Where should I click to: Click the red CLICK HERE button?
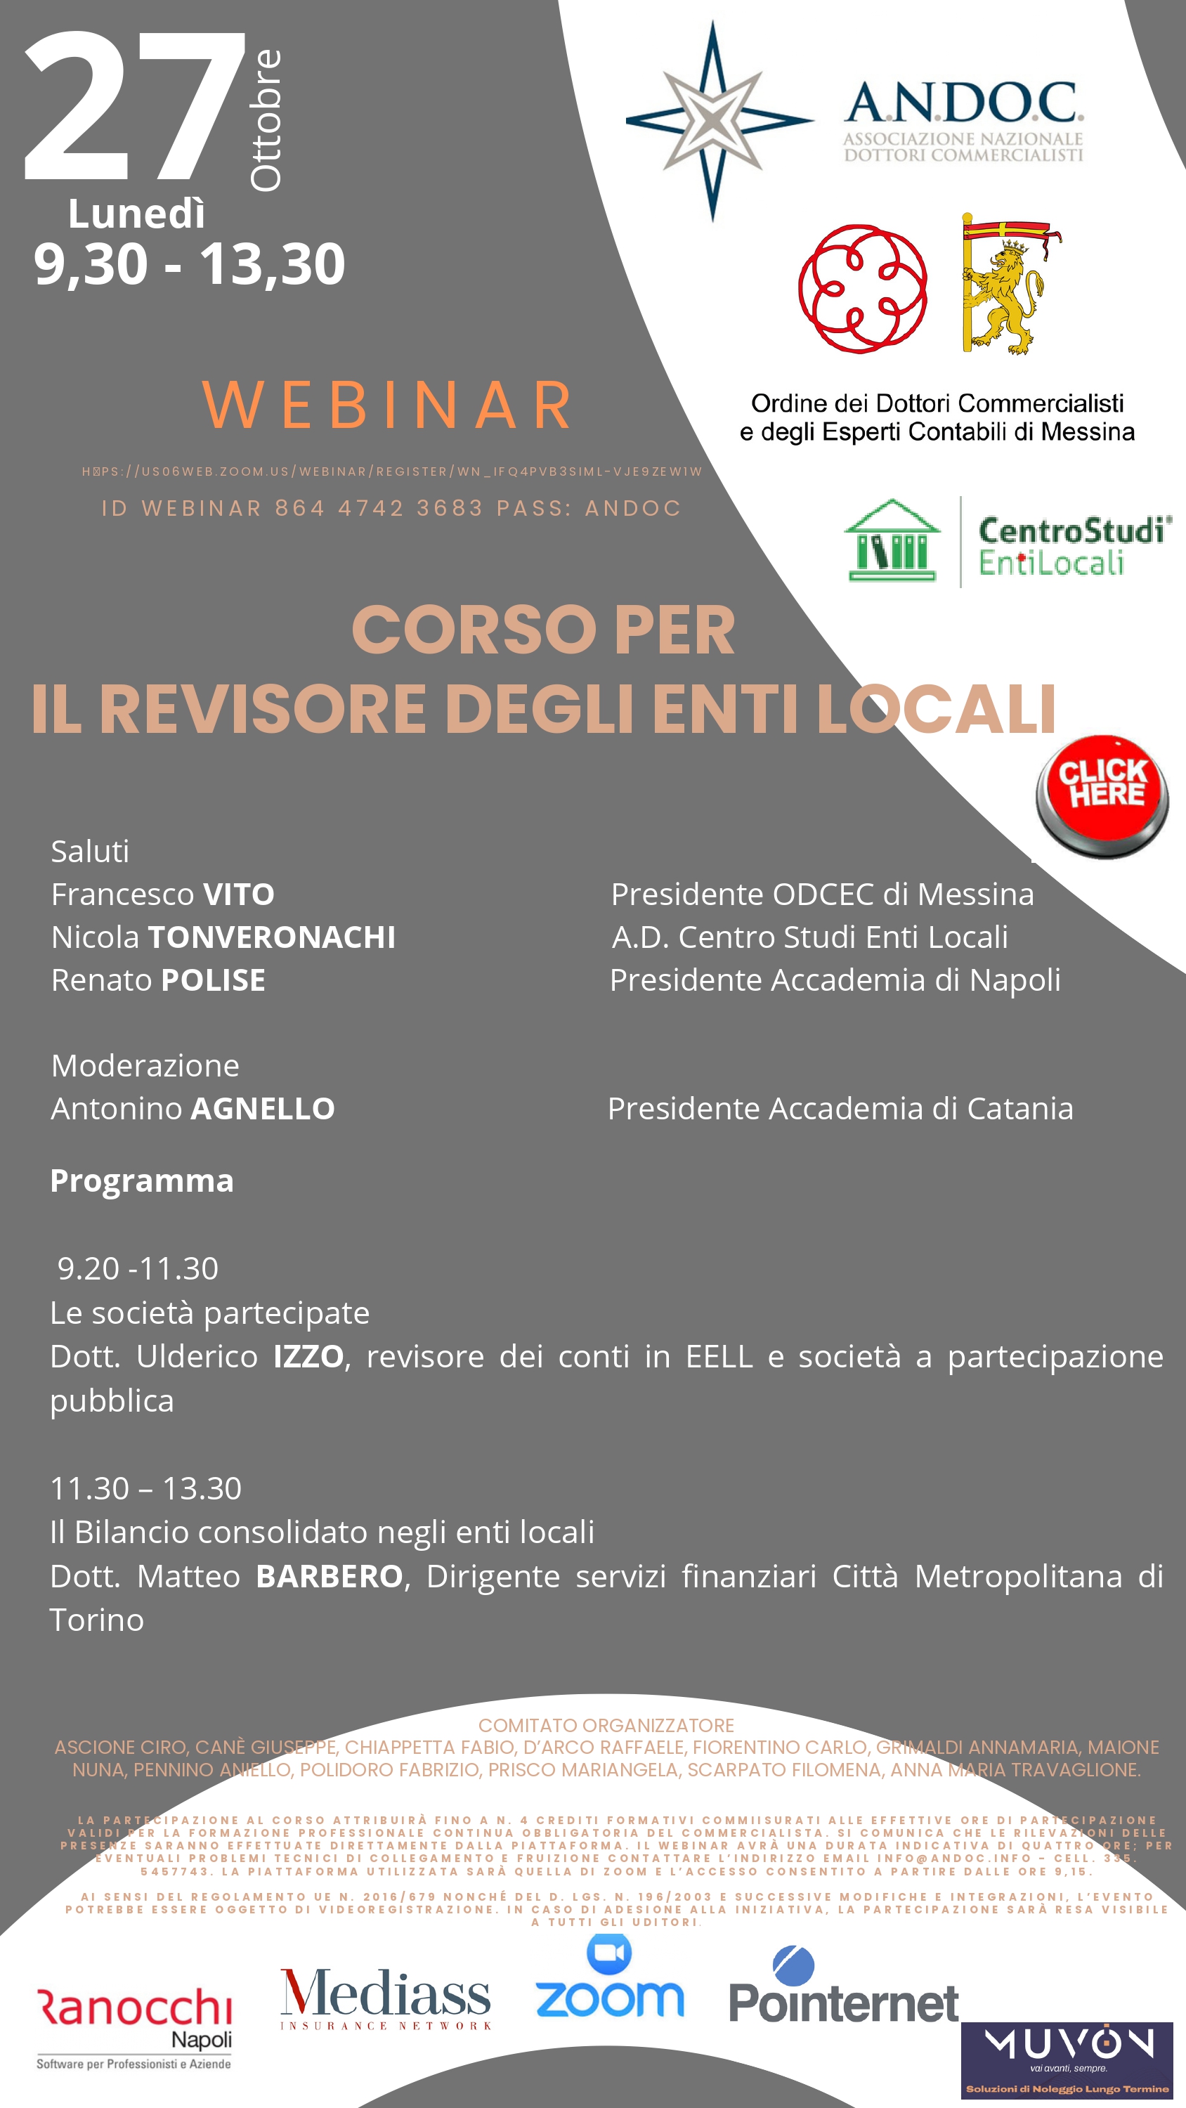point(1102,795)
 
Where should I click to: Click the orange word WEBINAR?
point(388,404)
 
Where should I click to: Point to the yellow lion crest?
point(1006,284)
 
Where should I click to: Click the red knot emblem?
point(863,288)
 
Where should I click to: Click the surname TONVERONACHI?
point(271,937)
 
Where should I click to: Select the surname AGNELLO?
point(262,1109)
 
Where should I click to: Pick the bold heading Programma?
point(142,1181)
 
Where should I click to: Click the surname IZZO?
point(308,1357)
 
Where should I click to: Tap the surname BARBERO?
point(329,1576)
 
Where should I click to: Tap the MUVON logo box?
point(1067,2060)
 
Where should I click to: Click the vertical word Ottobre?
point(266,120)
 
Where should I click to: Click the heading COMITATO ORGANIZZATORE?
point(606,1725)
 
